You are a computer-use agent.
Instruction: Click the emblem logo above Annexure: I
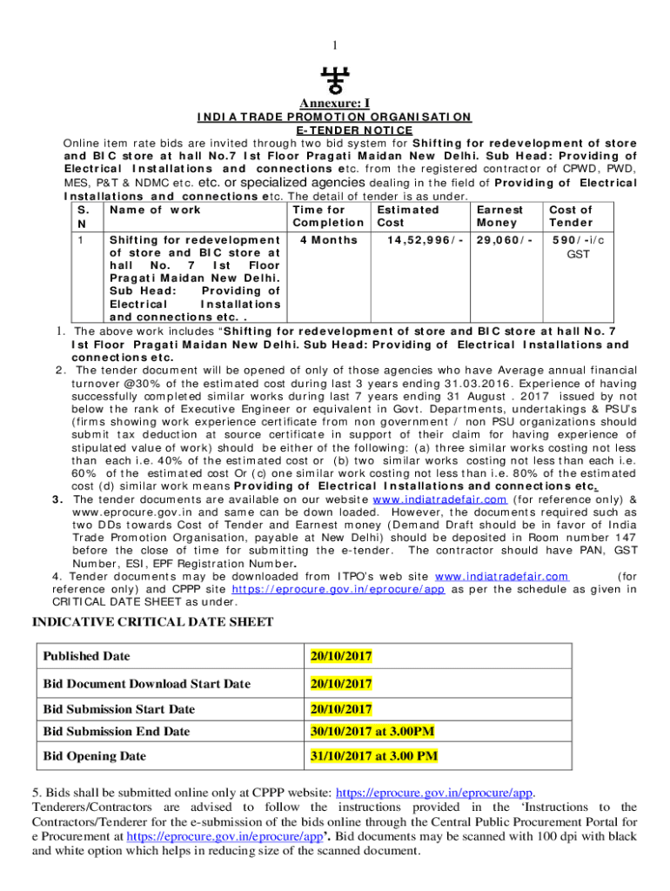point(334,80)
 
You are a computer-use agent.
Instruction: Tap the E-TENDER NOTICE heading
point(335,130)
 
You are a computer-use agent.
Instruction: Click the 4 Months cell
point(325,238)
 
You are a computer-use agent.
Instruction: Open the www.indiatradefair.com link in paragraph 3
point(439,499)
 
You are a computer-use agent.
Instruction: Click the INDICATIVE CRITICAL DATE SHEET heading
point(152,621)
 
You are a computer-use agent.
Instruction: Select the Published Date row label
point(84,655)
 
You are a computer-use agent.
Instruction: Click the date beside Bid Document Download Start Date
point(342,684)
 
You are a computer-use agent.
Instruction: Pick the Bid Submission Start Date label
point(119,709)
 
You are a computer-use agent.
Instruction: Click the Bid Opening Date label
point(95,756)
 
